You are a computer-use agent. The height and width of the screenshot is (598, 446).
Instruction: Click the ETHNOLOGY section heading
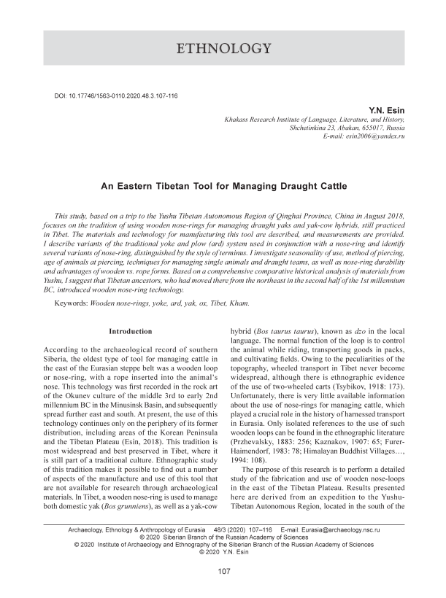(223, 50)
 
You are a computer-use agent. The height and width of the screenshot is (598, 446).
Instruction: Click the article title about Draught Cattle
(223, 187)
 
